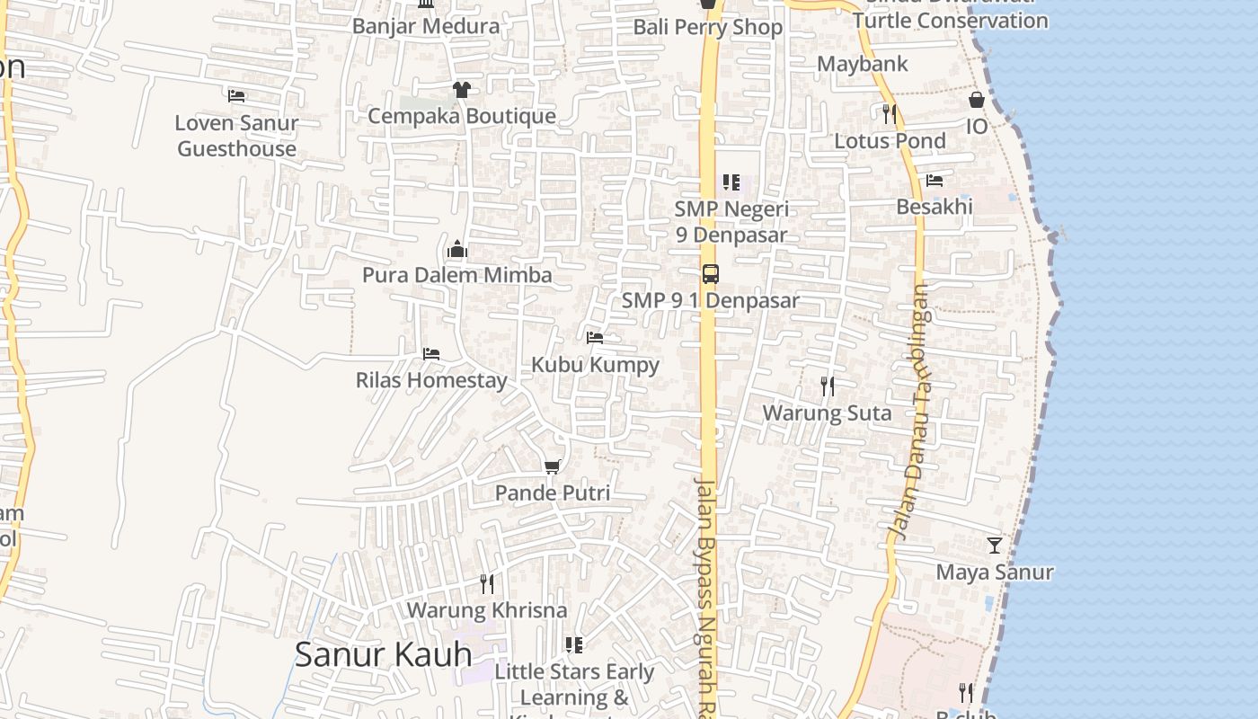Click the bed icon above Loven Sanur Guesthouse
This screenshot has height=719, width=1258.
(x=236, y=95)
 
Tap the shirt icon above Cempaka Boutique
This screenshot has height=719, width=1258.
(x=461, y=89)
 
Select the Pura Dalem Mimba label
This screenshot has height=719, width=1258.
(x=456, y=275)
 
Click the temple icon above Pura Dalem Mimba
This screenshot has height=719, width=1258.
(x=457, y=249)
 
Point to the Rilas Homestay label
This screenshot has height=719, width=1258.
(x=431, y=380)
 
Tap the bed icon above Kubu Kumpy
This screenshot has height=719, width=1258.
(x=595, y=338)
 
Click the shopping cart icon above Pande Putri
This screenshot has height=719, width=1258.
(x=552, y=466)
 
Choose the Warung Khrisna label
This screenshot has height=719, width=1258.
(x=487, y=610)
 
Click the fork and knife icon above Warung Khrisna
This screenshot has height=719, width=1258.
(x=487, y=584)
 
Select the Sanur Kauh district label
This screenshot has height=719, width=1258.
(x=383, y=654)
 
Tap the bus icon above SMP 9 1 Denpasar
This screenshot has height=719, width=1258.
(x=710, y=274)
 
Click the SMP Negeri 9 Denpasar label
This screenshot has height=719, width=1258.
(x=731, y=222)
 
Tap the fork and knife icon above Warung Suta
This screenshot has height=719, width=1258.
(x=827, y=386)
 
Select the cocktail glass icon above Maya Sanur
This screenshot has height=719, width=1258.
(x=995, y=546)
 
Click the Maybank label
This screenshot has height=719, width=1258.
(x=863, y=64)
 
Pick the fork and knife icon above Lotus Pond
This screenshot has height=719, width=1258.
(x=890, y=114)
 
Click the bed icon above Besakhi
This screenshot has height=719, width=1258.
(x=935, y=180)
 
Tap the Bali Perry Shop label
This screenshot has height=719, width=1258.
(x=708, y=27)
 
